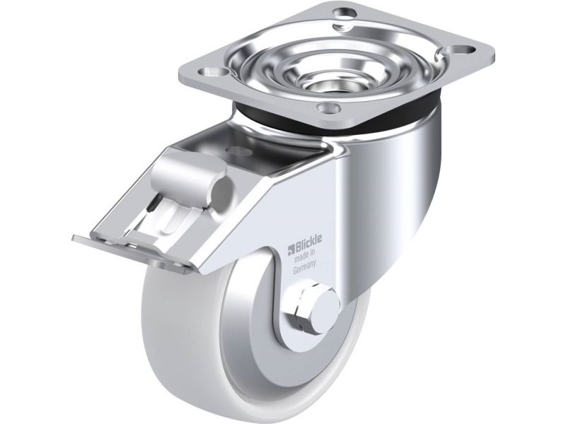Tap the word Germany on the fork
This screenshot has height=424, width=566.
pyautogui.click(x=305, y=267)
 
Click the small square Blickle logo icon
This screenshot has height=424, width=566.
pyautogui.click(x=291, y=249)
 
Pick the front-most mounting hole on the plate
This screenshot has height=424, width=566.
pyautogui.click(x=329, y=107)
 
